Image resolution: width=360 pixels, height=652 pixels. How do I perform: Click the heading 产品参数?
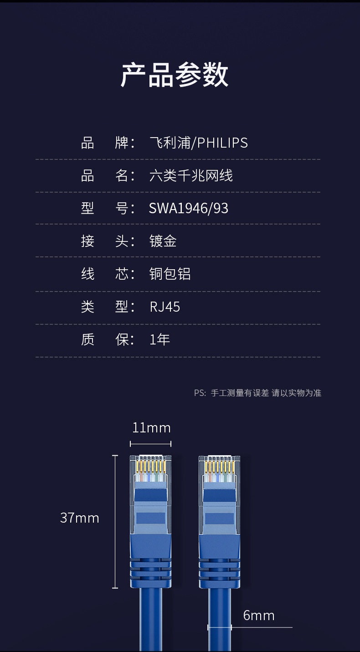click(x=175, y=75)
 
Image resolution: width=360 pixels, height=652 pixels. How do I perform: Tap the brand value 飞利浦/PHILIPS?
click(x=198, y=143)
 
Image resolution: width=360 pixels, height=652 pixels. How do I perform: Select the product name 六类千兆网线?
click(x=191, y=176)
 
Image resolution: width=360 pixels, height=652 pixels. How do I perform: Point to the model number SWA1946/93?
click(x=188, y=209)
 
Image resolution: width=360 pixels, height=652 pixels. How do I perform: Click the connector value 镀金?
click(x=163, y=241)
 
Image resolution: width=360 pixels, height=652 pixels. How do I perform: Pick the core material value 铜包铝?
click(x=170, y=274)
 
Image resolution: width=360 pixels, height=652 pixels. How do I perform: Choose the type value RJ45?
click(x=165, y=307)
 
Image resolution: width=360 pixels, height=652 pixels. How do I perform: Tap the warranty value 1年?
click(x=159, y=340)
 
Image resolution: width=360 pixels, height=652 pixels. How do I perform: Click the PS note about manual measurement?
click(x=257, y=393)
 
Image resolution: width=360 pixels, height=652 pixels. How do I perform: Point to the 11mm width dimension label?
click(x=151, y=428)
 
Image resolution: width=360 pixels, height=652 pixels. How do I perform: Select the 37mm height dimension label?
click(x=79, y=518)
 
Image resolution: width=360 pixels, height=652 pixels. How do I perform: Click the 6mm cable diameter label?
click(x=258, y=616)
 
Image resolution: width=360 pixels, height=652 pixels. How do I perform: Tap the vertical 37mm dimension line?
click(x=115, y=522)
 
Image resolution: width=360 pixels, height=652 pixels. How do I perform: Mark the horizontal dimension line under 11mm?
click(x=151, y=444)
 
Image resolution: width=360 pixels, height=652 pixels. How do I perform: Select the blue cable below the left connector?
click(x=150, y=620)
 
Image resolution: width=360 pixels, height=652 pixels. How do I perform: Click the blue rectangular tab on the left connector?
click(x=150, y=518)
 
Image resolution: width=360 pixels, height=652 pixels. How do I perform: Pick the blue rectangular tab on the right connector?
click(x=219, y=518)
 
